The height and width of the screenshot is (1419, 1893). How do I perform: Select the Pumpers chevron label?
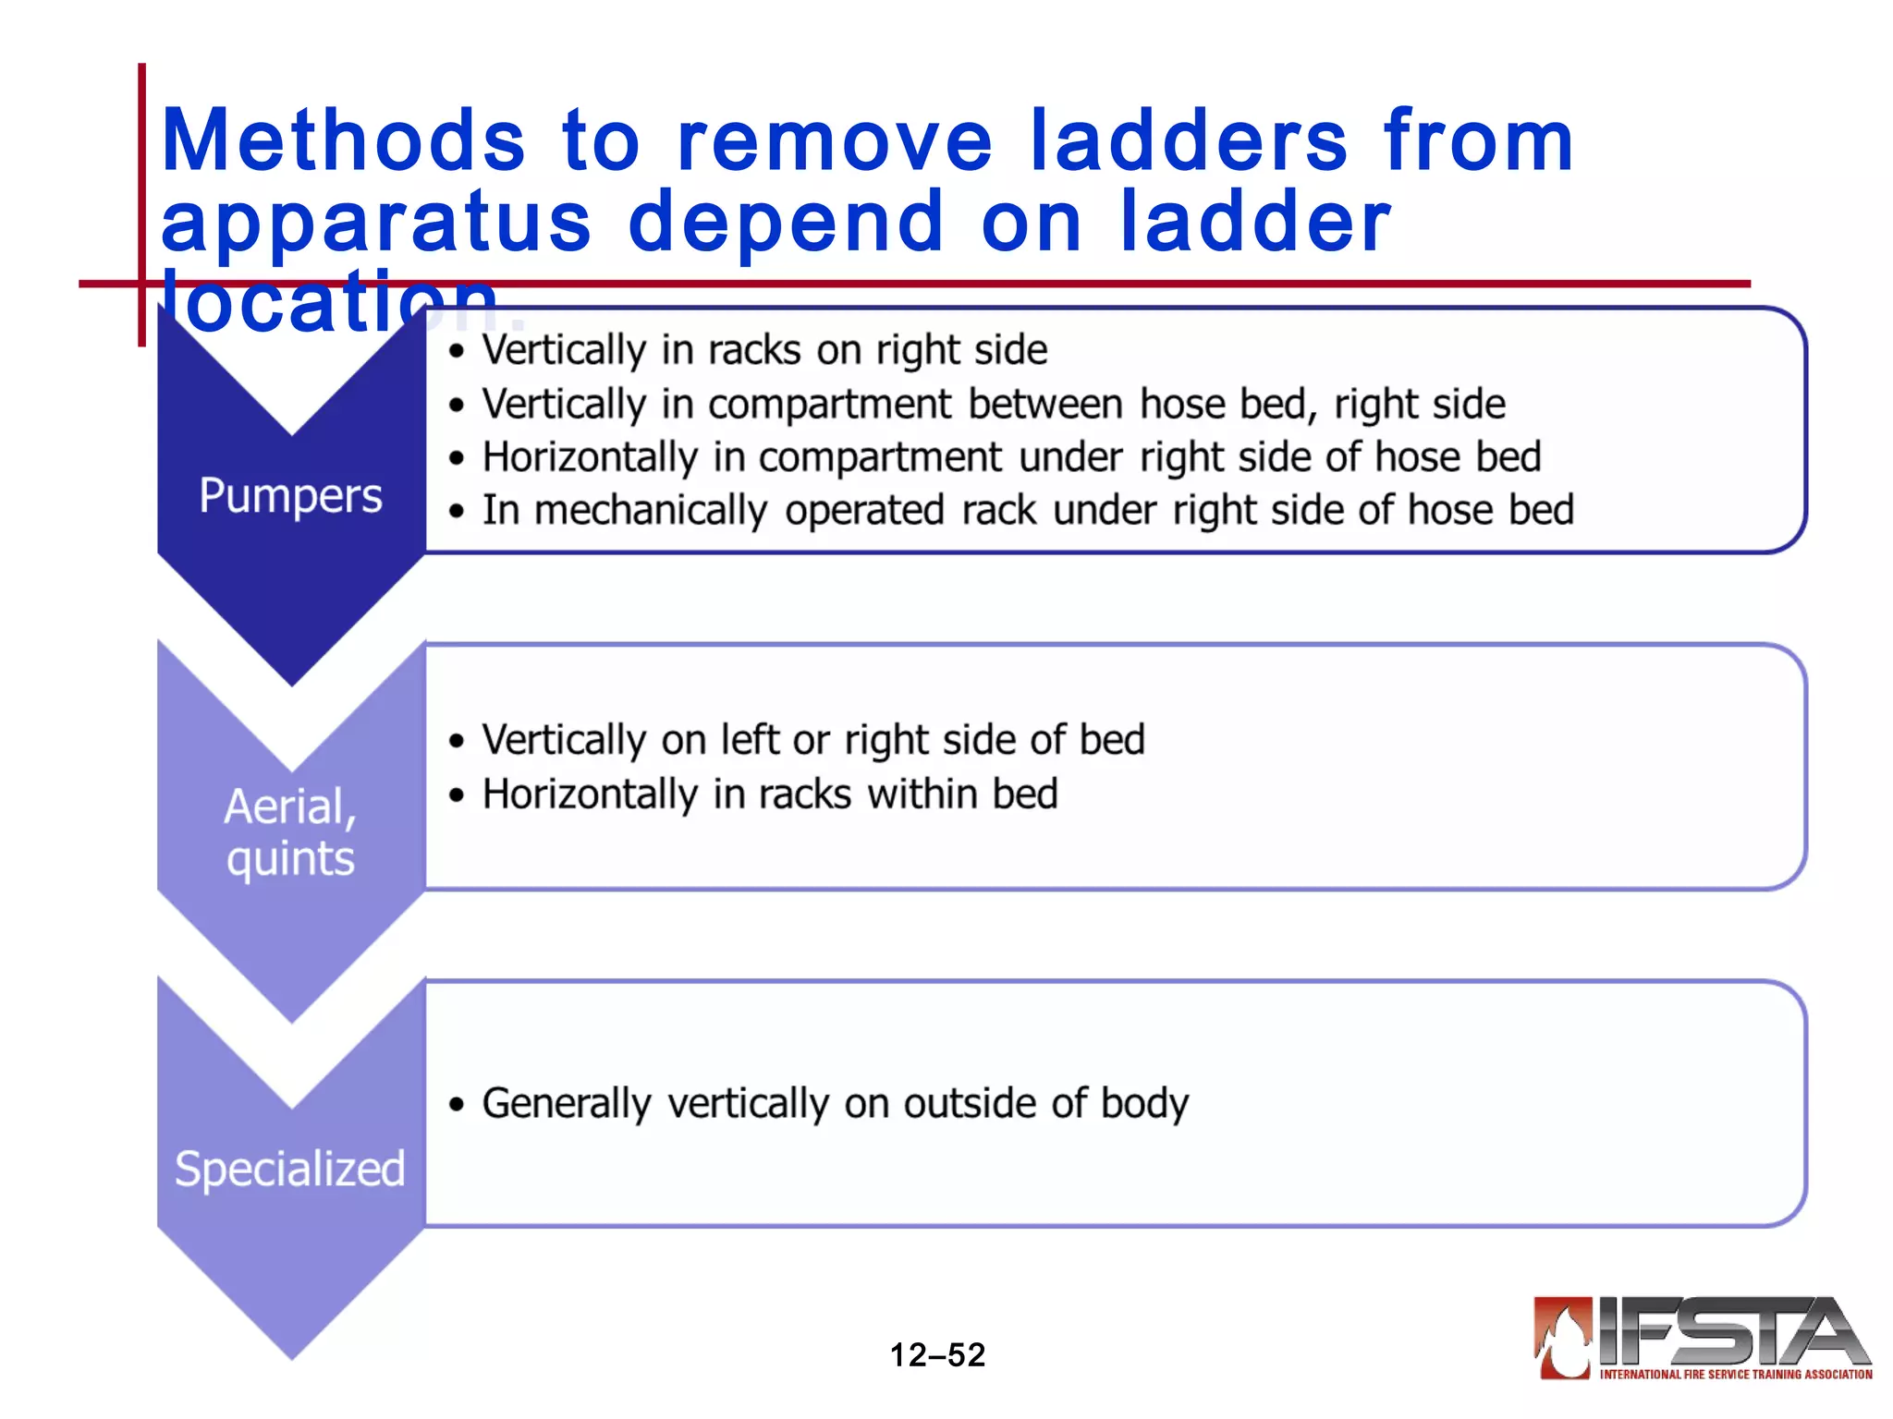click(290, 496)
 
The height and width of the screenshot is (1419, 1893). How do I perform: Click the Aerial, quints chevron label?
click(290, 831)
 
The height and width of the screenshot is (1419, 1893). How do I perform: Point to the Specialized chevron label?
click(290, 1169)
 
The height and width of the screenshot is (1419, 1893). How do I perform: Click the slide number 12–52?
click(937, 1355)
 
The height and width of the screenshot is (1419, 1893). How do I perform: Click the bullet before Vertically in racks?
click(456, 352)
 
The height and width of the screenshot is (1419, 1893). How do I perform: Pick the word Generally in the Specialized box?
click(567, 1104)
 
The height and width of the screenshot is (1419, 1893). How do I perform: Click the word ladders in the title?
click(1189, 141)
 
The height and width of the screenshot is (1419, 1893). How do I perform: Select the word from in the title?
click(1478, 141)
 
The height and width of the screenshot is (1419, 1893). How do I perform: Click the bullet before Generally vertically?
click(456, 1105)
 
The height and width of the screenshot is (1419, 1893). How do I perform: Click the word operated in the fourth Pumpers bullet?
click(864, 511)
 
